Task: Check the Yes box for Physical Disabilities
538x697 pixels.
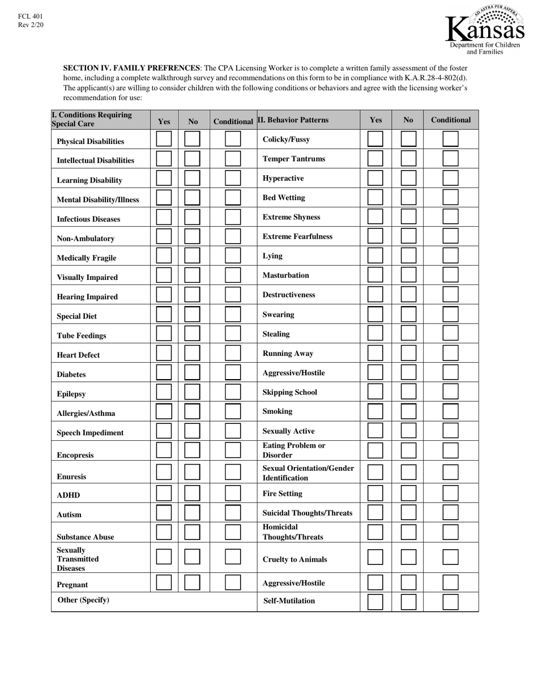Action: (164, 139)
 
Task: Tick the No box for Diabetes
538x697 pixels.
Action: (193, 372)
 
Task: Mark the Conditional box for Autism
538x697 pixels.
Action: (233, 513)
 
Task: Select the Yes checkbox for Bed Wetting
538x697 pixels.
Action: (375, 197)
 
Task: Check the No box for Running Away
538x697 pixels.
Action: (408, 353)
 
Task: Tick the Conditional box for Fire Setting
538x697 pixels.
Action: (450, 493)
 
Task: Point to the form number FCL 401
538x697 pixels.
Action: (30, 16)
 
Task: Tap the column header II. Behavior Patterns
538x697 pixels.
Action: (293, 120)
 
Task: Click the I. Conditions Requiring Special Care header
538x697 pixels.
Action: (92, 120)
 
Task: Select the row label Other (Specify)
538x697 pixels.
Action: (83, 600)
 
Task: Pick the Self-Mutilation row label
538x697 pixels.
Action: (289, 601)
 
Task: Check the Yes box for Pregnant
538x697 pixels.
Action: (164, 583)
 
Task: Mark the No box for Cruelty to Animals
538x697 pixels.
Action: (408, 557)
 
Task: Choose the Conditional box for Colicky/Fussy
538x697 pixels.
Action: (450, 139)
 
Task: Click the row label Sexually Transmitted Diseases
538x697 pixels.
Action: (78, 559)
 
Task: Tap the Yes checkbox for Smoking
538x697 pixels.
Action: (375, 411)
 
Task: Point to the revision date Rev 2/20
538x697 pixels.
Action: (31, 25)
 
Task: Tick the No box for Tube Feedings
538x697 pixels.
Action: (193, 333)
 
